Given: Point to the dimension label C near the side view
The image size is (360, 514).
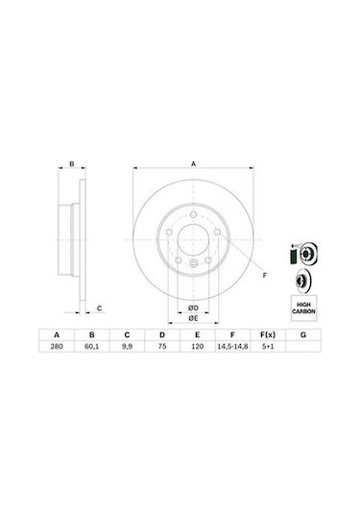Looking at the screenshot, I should tap(100, 306).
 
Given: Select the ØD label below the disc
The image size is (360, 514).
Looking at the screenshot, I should tap(192, 307).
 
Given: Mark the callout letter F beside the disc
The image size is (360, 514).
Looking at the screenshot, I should tap(263, 276).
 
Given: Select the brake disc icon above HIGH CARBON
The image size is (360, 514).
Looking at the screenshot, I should tap(300, 281).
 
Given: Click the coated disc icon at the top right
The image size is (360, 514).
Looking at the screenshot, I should tap(300, 254).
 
